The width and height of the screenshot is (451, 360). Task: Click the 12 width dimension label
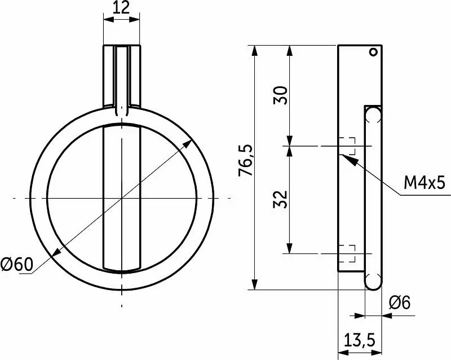point(121,7)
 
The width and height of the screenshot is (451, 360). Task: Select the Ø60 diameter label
point(17,264)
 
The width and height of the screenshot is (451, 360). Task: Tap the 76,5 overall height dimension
point(245,160)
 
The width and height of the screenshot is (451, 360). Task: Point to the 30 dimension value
point(280,95)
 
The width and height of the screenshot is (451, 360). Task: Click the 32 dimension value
point(280,199)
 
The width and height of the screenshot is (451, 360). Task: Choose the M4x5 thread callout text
point(425,183)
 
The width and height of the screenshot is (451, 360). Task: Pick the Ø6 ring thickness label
point(400,302)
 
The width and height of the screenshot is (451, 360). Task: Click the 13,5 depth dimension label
point(360,340)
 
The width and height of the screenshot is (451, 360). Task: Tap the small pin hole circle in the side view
point(373,52)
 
